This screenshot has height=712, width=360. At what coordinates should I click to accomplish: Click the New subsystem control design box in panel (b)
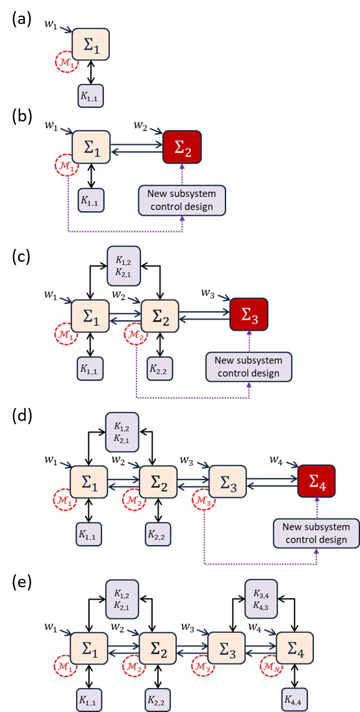[x=181, y=200]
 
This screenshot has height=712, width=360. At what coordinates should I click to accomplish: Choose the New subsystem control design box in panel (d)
[x=317, y=533]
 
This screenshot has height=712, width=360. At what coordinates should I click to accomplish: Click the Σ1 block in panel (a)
[x=91, y=47]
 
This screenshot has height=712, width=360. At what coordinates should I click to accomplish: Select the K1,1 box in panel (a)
[x=91, y=95]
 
